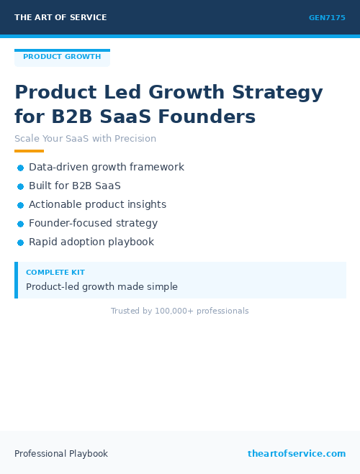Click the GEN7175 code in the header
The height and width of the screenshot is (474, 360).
(x=327, y=18)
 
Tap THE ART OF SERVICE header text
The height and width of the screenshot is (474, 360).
(x=60, y=18)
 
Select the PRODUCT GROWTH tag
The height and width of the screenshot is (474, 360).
(x=62, y=57)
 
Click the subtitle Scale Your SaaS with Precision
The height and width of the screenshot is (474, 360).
(x=85, y=139)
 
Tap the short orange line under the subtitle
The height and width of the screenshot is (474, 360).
(x=29, y=151)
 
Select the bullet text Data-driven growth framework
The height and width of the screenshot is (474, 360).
(x=107, y=167)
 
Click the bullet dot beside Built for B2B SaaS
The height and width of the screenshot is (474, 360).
(x=21, y=186)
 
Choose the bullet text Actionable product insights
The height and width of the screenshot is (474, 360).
(x=97, y=204)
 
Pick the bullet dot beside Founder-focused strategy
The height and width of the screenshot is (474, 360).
(x=21, y=224)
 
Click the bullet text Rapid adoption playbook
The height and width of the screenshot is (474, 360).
(x=91, y=242)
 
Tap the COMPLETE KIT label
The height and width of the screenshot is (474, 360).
(x=55, y=273)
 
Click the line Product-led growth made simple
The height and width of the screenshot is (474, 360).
(x=102, y=287)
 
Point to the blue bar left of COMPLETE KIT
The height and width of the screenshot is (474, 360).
(x=16, y=280)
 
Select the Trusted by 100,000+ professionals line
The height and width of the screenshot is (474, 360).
(x=179, y=311)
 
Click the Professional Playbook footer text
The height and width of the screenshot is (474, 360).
(x=61, y=454)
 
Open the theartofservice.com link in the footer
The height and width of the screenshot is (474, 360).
(x=297, y=454)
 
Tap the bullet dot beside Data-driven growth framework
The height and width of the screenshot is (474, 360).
(x=21, y=168)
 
